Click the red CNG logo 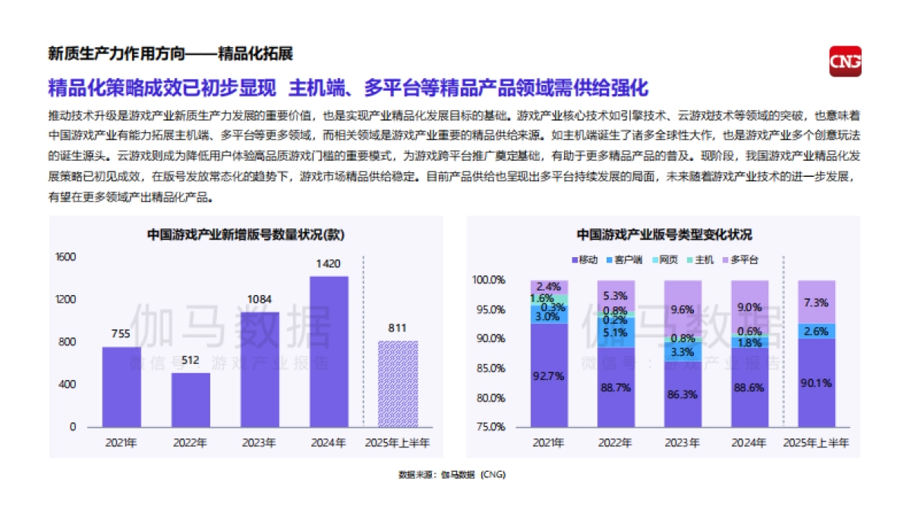(x=845, y=61)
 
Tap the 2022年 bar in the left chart (x=190, y=400)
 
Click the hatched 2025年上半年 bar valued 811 (x=398, y=384)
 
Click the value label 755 (x=121, y=334)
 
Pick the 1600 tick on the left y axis (x=66, y=257)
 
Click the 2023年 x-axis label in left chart (x=260, y=442)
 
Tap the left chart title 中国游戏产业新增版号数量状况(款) (x=245, y=235)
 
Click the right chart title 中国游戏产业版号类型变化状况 (x=664, y=234)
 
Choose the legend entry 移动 (x=584, y=259)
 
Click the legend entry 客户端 (x=624, y=259)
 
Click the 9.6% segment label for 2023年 (x=682, y=309)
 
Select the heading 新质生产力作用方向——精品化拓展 (x=170, y=54)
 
